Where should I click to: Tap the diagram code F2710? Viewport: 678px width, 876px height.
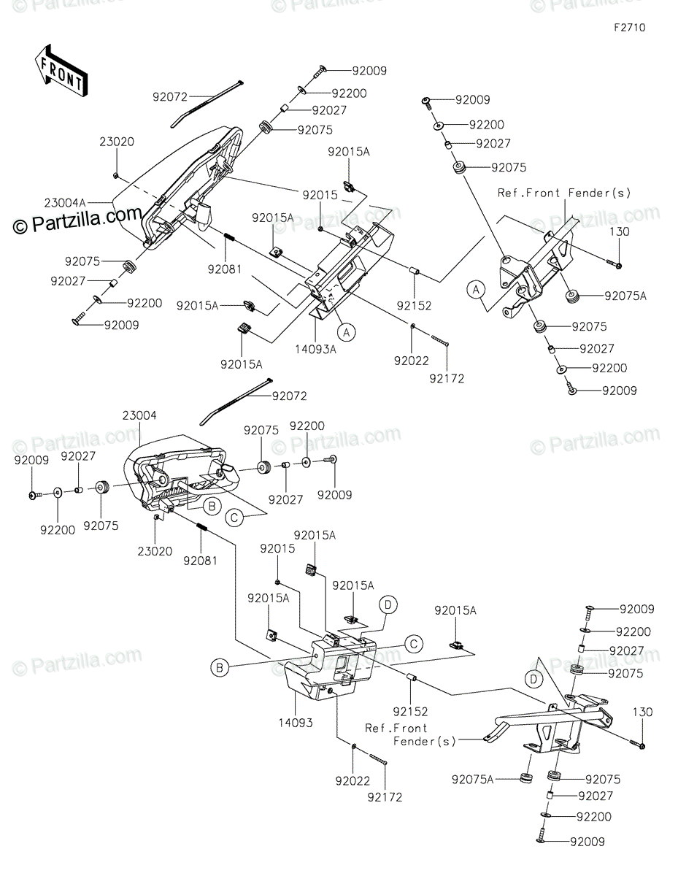[630, 28]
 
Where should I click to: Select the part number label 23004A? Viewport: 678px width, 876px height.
[65, 203]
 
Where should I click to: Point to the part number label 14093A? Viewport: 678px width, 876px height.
[315, 349]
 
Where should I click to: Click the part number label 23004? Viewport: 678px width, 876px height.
[139, 415]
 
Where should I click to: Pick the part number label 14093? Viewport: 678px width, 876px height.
[296, 723]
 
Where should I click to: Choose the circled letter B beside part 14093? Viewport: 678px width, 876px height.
[220, 668]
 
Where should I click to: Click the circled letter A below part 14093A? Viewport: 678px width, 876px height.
[347, 333]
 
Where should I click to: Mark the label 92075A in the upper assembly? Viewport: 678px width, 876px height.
[625, 296]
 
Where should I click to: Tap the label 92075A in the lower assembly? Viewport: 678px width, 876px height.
[472, 779]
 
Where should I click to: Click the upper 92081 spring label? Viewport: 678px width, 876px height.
[225, 269]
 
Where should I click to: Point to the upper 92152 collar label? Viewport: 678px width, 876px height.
[414, 306]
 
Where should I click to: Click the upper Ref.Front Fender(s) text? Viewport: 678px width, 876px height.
[564, 193]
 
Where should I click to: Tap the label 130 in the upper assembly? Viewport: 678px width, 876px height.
[620, 231]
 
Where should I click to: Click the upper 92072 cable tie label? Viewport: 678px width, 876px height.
[170, 97]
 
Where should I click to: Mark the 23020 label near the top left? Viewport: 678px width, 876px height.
[117, 142]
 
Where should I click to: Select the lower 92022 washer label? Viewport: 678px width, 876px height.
[353, 781]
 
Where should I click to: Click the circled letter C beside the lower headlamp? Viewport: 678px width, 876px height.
[234, 518]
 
